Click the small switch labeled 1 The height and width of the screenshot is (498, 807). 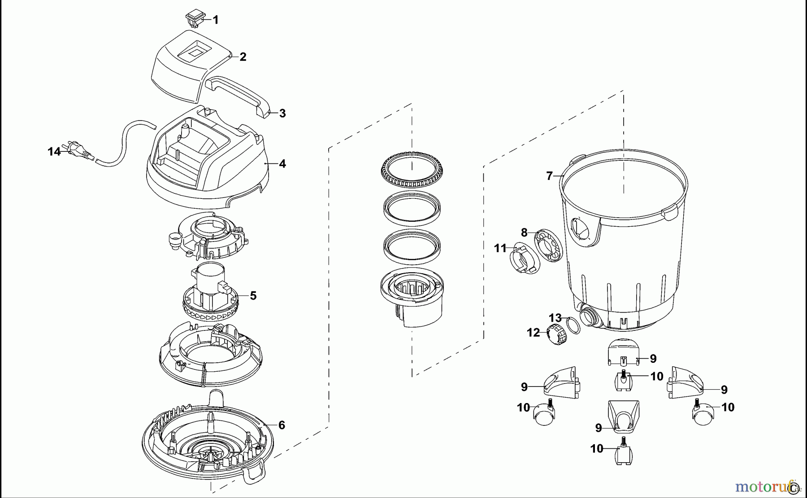tap(194, 19)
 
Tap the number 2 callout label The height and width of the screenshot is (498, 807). tap(243, 57)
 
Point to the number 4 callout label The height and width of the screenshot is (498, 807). tap(282, 164)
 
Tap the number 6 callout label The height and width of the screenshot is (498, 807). tap(282, 425)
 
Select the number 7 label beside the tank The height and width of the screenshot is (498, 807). tap(549, 176)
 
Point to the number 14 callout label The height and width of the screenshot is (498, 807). tap(54, 152)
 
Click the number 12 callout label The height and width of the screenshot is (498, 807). tap(533, 333)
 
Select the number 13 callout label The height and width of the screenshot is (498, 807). tap(555, 318)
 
